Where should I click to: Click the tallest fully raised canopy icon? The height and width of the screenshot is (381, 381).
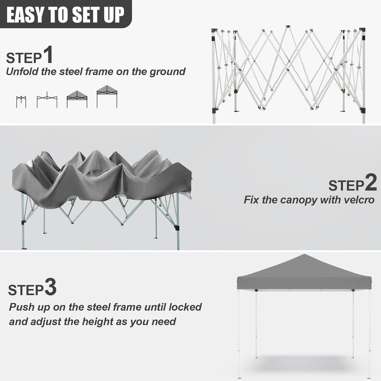pos(107,96)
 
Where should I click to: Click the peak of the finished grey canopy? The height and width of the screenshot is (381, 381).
pos(305,255)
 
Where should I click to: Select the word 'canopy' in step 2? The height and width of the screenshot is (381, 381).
pos(289,200)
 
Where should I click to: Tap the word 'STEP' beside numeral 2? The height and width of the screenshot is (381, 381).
pos(345,185)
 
